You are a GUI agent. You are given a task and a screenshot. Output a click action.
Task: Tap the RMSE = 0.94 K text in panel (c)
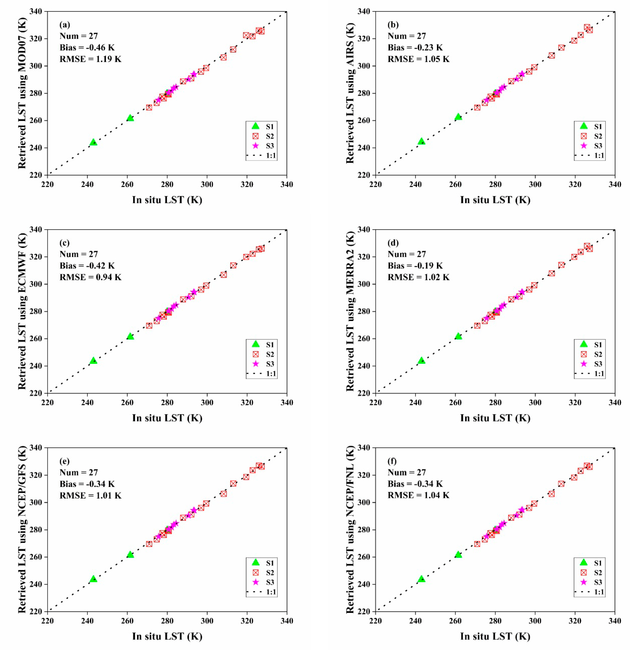[x=90, y=277]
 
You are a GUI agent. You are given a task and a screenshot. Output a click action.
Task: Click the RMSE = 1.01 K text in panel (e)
[x=90, y=495]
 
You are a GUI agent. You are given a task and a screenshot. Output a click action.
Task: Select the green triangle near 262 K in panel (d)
[x=458, y=336]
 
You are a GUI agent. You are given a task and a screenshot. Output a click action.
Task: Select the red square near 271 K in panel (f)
[x=477, y=544]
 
